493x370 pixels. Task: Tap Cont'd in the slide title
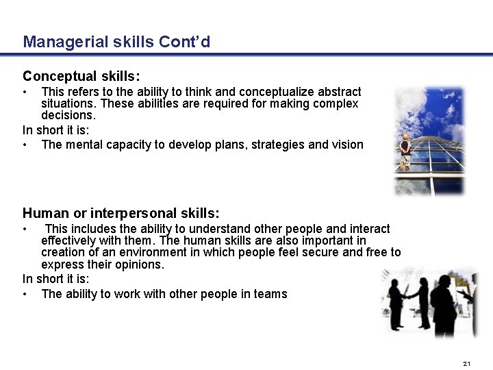(184, 42)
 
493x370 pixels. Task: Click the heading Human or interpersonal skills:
(121, 213)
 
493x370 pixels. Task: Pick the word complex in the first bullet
(336, 103)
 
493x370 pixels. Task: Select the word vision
(349, 144)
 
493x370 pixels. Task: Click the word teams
(271, 294)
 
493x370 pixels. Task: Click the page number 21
(467, 362)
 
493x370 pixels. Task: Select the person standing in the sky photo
(406, 150)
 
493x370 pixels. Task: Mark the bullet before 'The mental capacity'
(25, 144)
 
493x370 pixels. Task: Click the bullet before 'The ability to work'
(25, 294)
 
